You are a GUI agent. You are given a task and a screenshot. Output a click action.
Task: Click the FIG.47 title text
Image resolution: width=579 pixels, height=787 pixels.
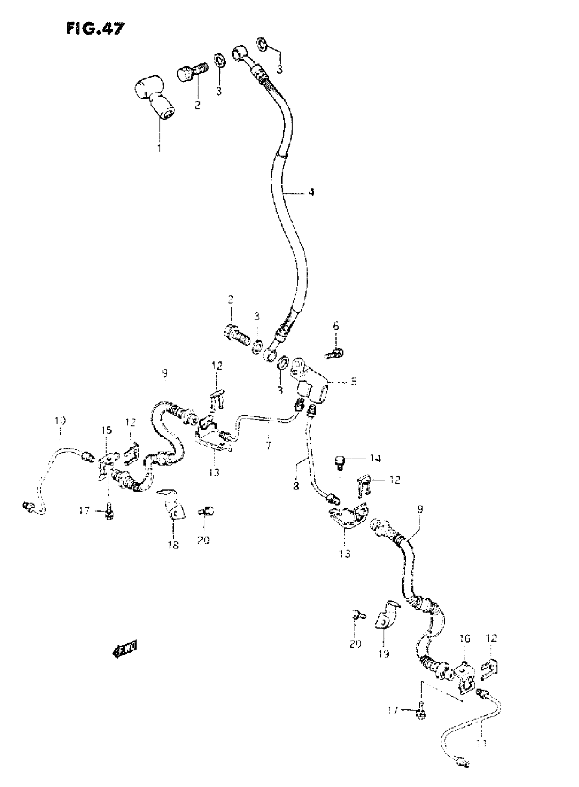95,28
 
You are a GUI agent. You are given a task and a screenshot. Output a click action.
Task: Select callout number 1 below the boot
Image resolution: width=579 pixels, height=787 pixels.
159,148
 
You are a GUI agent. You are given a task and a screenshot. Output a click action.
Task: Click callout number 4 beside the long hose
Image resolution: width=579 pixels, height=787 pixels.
311,192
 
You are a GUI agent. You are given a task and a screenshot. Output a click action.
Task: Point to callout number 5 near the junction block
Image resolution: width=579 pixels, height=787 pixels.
354,381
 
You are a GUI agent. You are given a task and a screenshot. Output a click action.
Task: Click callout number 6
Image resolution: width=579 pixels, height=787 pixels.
336,326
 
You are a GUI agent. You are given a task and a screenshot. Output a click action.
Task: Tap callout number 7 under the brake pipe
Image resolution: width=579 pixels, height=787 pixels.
268,447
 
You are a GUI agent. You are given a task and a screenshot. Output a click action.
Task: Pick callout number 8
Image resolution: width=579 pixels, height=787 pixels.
296,486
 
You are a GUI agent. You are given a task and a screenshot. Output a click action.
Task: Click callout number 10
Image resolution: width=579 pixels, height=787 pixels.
60,420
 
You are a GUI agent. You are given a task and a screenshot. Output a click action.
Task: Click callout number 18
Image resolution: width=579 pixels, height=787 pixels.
173,545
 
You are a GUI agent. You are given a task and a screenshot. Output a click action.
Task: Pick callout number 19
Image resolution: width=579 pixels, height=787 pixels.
384,653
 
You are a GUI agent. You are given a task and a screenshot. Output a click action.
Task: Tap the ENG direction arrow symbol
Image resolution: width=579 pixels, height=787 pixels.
125,648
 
